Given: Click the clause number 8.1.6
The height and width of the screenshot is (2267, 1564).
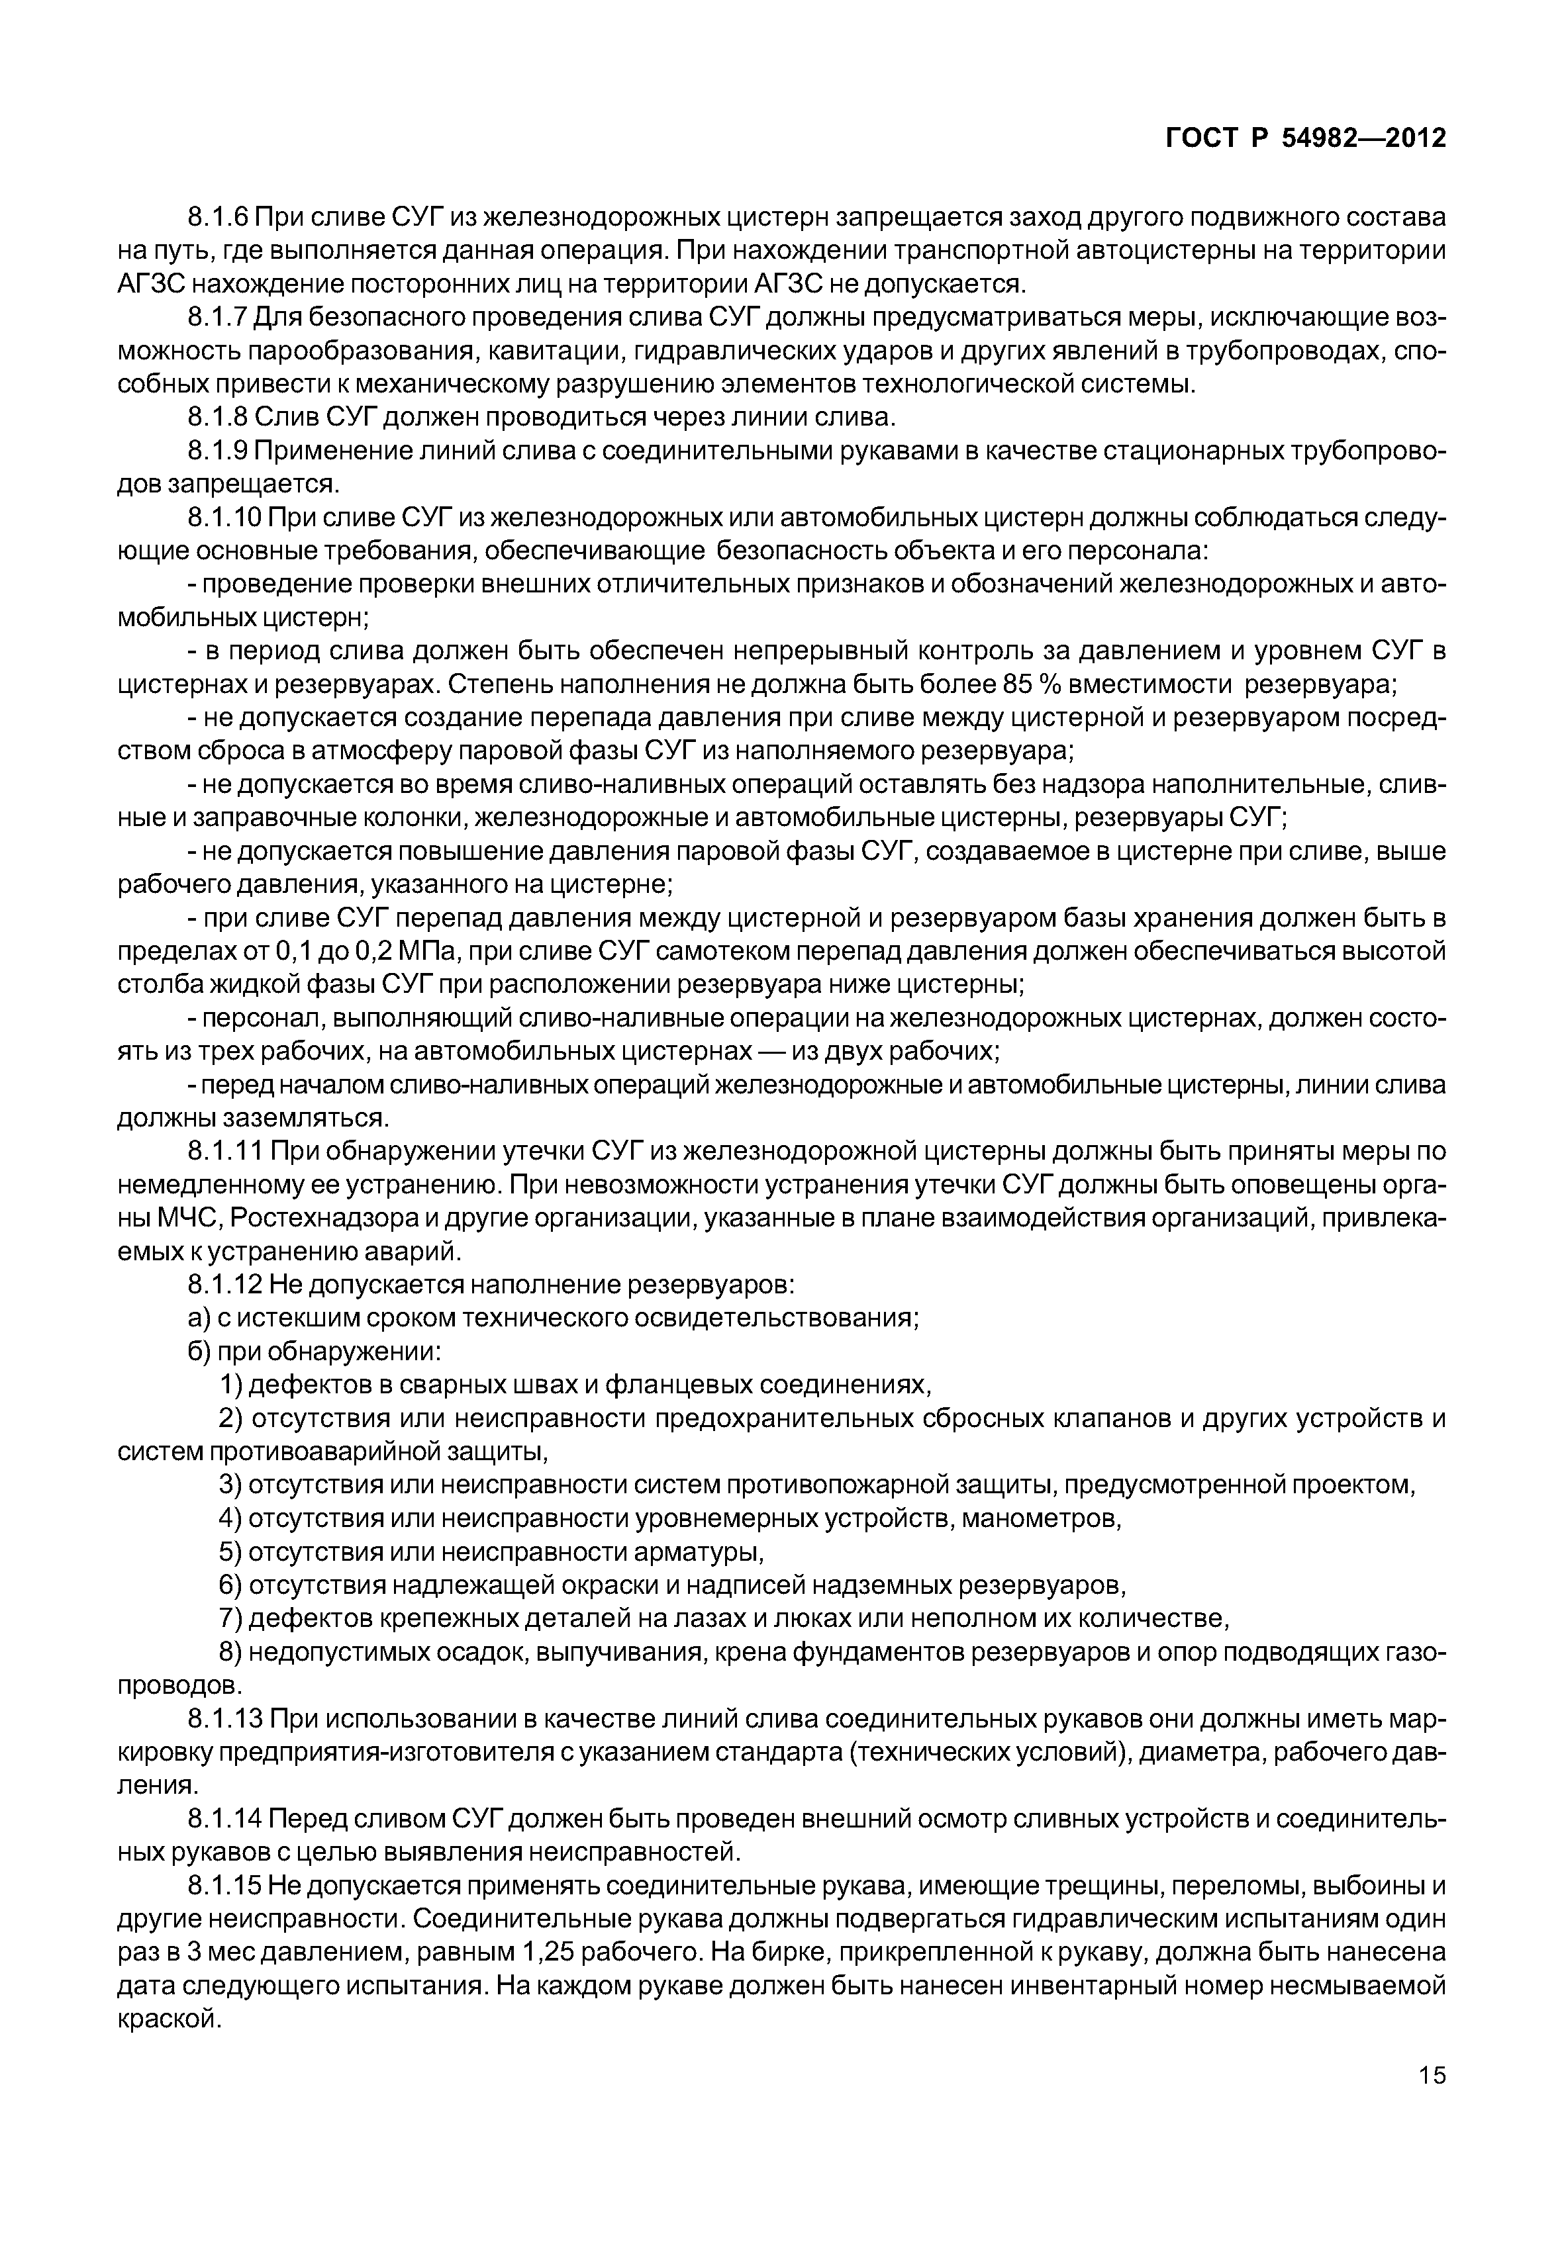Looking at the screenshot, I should coord(218,216).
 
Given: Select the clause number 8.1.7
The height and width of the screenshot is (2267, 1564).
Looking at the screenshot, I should coord(218,318).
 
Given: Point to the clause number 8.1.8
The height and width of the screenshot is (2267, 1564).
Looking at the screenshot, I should coord(218,418).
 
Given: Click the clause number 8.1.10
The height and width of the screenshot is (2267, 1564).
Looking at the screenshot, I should coord(223,518).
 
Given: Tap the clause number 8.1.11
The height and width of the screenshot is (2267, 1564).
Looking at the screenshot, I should coord(223,1153).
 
